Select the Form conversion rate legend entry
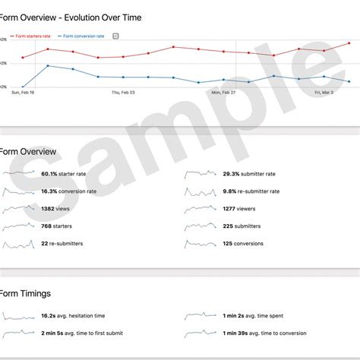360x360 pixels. [x=84, y=36]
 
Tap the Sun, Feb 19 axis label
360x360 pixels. [x=22, y=92]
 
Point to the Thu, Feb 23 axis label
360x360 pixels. [x=123, y=92]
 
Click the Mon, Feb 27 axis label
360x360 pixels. [x=223, y=92]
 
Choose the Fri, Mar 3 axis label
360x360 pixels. [x=324, y=92]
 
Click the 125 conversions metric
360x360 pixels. [x=243, y=243]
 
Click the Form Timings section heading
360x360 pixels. [x=26, y=293]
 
